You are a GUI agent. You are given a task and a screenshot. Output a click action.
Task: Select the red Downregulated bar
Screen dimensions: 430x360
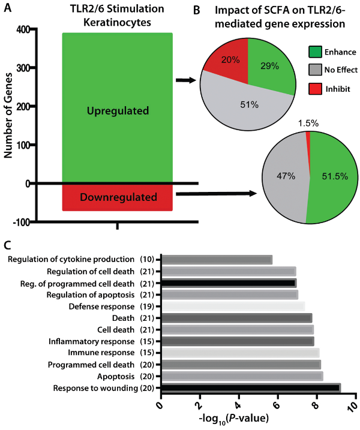118,197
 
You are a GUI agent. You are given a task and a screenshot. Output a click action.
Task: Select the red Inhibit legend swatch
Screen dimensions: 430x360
316,88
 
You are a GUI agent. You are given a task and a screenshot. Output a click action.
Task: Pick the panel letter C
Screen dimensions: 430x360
7,245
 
